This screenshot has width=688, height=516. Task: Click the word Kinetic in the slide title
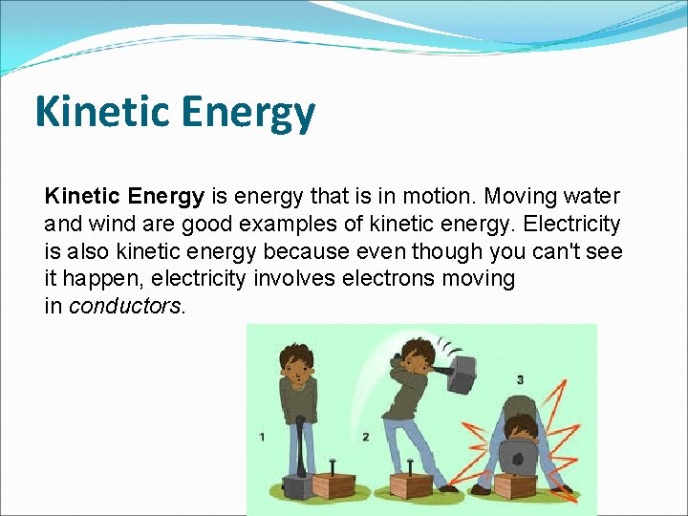[x=101, y=112]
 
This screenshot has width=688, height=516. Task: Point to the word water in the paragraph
[x=591, y=197]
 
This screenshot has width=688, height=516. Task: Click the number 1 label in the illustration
[x=263, y=437]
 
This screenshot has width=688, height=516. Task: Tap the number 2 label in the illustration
[x=366, y=437]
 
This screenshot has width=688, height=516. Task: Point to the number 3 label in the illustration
[x=520, y=380]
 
